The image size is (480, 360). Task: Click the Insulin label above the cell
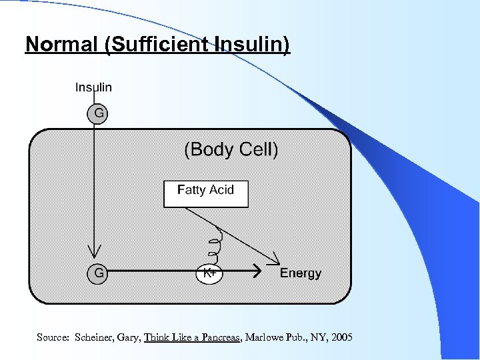(93, 87)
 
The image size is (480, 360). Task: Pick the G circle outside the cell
(98, 113)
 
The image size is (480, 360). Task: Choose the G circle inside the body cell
(98, 272)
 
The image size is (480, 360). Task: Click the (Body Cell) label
(231, 149)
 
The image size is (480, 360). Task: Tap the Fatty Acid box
(205, 193)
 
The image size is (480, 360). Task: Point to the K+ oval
(209, 273)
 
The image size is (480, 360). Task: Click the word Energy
(301, 273)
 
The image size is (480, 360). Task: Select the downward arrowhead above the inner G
(95, 252)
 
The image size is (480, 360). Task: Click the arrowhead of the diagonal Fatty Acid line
(274, 259)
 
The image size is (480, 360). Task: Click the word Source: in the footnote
(53, 338)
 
